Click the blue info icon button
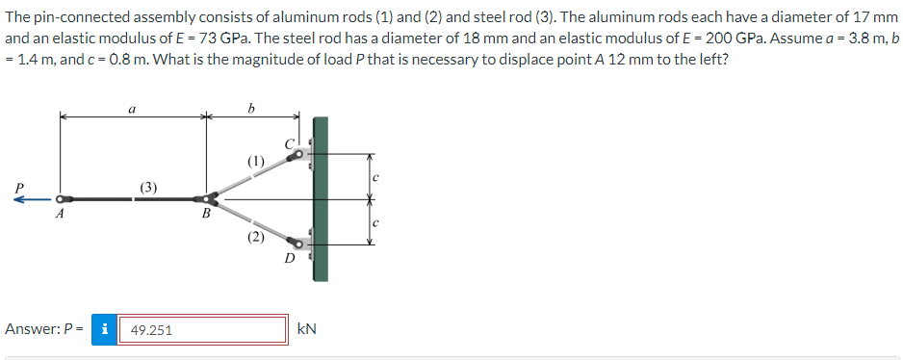click(104, 329)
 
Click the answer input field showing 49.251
click(202, 330)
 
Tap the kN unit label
click(307, 329)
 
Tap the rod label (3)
click(149, 185)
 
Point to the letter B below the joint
click(204, 217)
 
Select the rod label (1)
click(255, 159)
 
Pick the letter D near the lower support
click(288, 259)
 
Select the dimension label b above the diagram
click(251, 109)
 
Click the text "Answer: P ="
click(43, 329)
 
